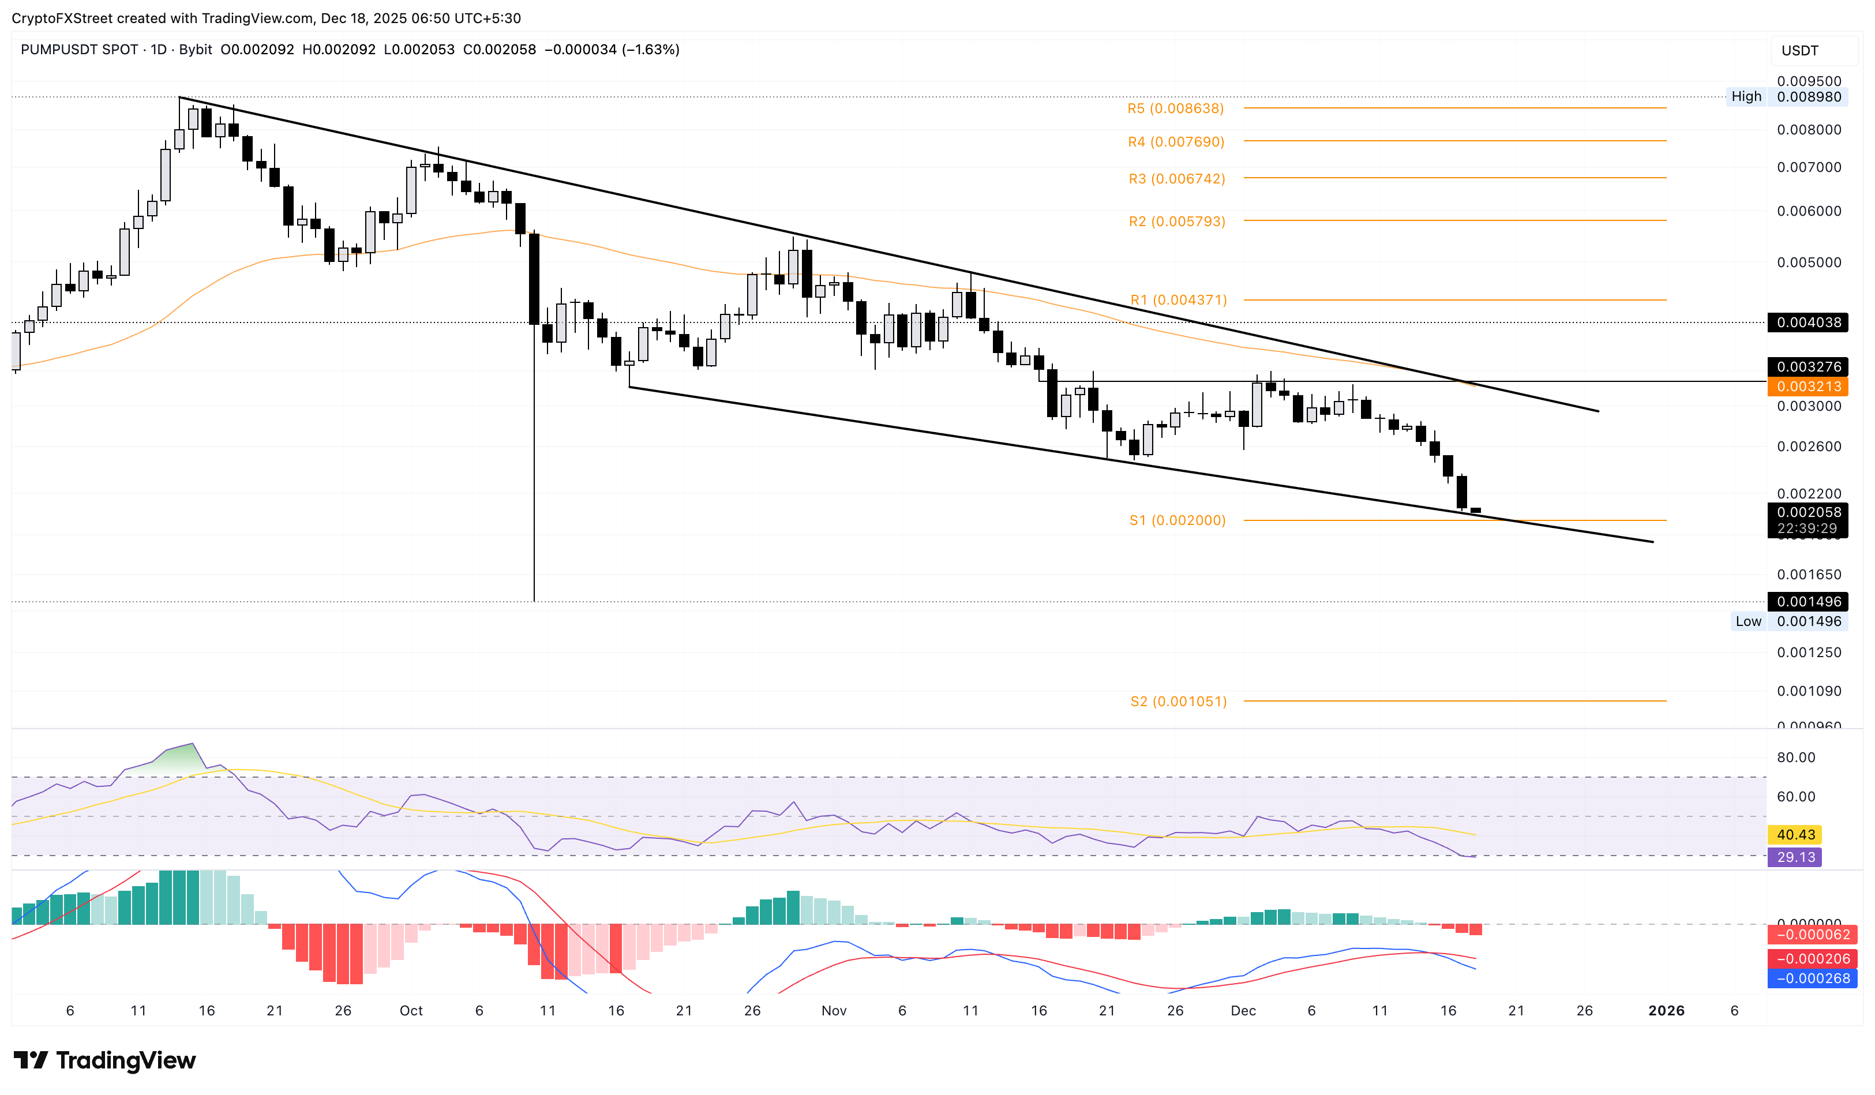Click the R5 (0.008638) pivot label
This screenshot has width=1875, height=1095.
[x=1175, y=108]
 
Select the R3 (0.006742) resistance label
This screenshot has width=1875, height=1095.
[x=1176, y=178]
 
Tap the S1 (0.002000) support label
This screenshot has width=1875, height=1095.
[x=1177, y=520]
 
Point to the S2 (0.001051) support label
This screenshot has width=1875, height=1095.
[x=1178, y=701]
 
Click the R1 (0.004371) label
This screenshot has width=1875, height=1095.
[x=1178, y=300]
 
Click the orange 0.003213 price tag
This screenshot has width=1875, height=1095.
[x=1808, y=386]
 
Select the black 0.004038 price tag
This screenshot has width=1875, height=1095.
[x=1808, y=322]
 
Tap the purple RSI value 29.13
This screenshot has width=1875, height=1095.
[x=1795, y=857]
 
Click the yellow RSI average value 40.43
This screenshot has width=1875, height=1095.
[x=1795, y=835]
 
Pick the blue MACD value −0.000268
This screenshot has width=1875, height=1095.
[x=1813, y=978]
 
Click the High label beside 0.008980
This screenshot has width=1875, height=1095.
[x=1746, y=97]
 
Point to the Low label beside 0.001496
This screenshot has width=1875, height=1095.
[x=1747, y=621]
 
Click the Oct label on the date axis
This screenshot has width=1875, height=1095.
[x=411, y=1010]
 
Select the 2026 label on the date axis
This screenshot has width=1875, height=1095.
[x=1666, y=1010]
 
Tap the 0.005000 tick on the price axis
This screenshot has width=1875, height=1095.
[x=1808, y=262]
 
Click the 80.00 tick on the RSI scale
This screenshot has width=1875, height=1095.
[x=1795, y=757]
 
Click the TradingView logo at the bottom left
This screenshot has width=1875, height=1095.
[x=105, y=1060]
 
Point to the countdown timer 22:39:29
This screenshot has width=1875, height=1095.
[x=1806, y=528]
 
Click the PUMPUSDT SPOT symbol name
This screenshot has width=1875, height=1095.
[x=79, y=50]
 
